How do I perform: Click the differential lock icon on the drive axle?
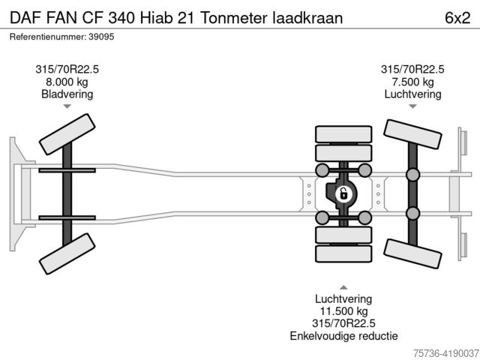click(x=343, y=194)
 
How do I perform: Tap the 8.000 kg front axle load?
click(x=67, y=82)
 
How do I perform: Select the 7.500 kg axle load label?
click(x=412, y=82)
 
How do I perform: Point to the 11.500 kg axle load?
click(x=343, y=310)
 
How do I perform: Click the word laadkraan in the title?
click(x=309, y=16)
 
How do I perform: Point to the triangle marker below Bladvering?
click(x=67, y=107)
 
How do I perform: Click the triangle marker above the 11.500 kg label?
click(x=343, y=286)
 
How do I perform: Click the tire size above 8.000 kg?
click(x=67, y=69)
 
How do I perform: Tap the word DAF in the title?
click(x=25, y=16)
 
